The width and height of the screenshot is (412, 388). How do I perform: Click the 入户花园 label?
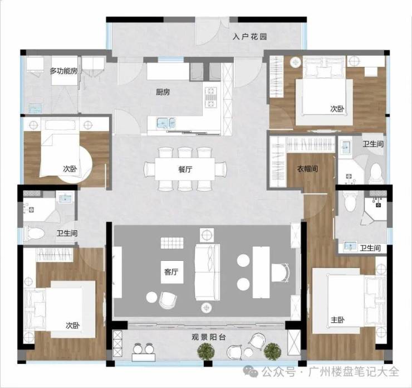pos(249,36)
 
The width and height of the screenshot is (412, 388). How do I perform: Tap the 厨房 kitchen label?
pos(163,92)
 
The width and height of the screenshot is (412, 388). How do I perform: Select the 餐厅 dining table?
pos(185,168)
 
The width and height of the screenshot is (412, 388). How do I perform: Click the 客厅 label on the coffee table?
pos(171,271)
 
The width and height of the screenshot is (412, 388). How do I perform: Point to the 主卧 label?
pos(337,320)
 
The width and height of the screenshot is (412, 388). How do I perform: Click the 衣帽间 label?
pos(308,168)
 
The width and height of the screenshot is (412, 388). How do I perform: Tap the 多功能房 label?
pos(63,71)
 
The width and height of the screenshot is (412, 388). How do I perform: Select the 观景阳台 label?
pos(209,337)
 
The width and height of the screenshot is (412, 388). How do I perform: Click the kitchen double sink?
pos(166,123)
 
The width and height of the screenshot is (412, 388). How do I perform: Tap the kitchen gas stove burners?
pos(211,98)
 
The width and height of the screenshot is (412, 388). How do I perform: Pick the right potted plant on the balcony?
pos(272,351)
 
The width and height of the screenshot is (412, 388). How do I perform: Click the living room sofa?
pos(207,272)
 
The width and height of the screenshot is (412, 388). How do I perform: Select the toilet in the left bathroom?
pos(33,233)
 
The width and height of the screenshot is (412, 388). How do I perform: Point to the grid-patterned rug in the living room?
pos(172,243)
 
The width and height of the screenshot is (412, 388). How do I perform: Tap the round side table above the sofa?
pos(207,234)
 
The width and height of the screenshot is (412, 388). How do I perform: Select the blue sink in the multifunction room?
pos(35,108)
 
